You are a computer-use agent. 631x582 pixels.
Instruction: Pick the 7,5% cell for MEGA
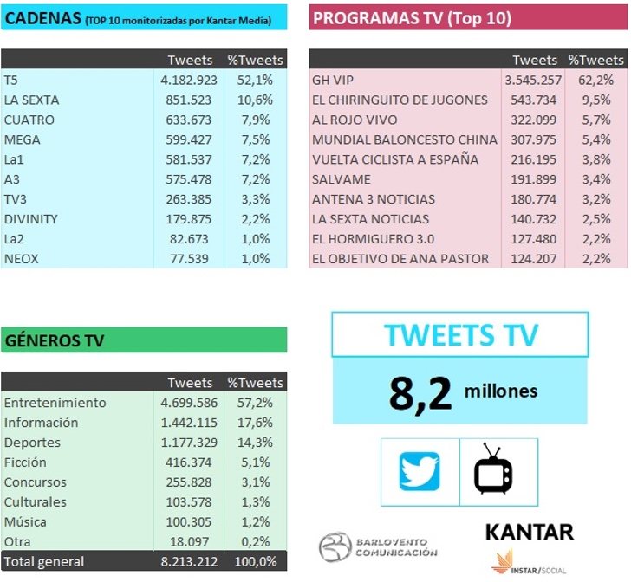click(x=257, y=139)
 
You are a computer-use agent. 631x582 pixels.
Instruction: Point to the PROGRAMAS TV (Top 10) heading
click(x=412, y=18)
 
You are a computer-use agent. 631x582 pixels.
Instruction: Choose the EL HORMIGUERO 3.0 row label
click(x=374, y=239)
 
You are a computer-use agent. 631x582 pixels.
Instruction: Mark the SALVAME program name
click(x=342, y=179)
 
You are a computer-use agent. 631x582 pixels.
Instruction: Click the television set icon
click(x=493, y=469)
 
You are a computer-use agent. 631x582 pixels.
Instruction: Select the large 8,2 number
click(x=420, y=393)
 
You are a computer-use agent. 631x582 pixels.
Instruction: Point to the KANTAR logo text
click(x=529, y=531)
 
